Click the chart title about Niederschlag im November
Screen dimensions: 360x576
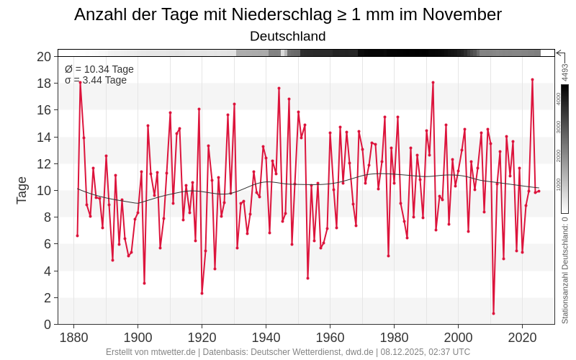point(288,14)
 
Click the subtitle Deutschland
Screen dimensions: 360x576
point(288,36)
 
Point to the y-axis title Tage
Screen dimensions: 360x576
point(22,190)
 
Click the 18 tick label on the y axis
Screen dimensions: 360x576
point(44,84)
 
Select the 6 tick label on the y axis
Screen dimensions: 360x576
point(47,244)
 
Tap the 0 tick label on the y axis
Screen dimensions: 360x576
point(47,324)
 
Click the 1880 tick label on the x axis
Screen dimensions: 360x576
point(73,338)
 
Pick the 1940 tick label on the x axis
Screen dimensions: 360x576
point(266,338)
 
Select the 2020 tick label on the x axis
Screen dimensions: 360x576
point(522,338)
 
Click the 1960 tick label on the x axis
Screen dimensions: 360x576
point(330,338)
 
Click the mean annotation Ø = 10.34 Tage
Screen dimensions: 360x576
point(99,69)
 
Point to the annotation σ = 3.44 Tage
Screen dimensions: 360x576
point(96,80)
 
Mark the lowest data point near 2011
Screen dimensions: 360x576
point(493,313)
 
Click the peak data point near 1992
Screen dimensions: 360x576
point(433,82)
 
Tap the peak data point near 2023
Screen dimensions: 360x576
point(532,79)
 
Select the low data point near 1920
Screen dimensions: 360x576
point(202,293)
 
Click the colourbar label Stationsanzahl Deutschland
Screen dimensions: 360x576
point(565,270)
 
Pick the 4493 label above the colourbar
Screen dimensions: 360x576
point(565,72)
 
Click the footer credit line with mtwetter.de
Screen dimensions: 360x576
point(288,352)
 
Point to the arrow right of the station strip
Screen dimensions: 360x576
point(559,53)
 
